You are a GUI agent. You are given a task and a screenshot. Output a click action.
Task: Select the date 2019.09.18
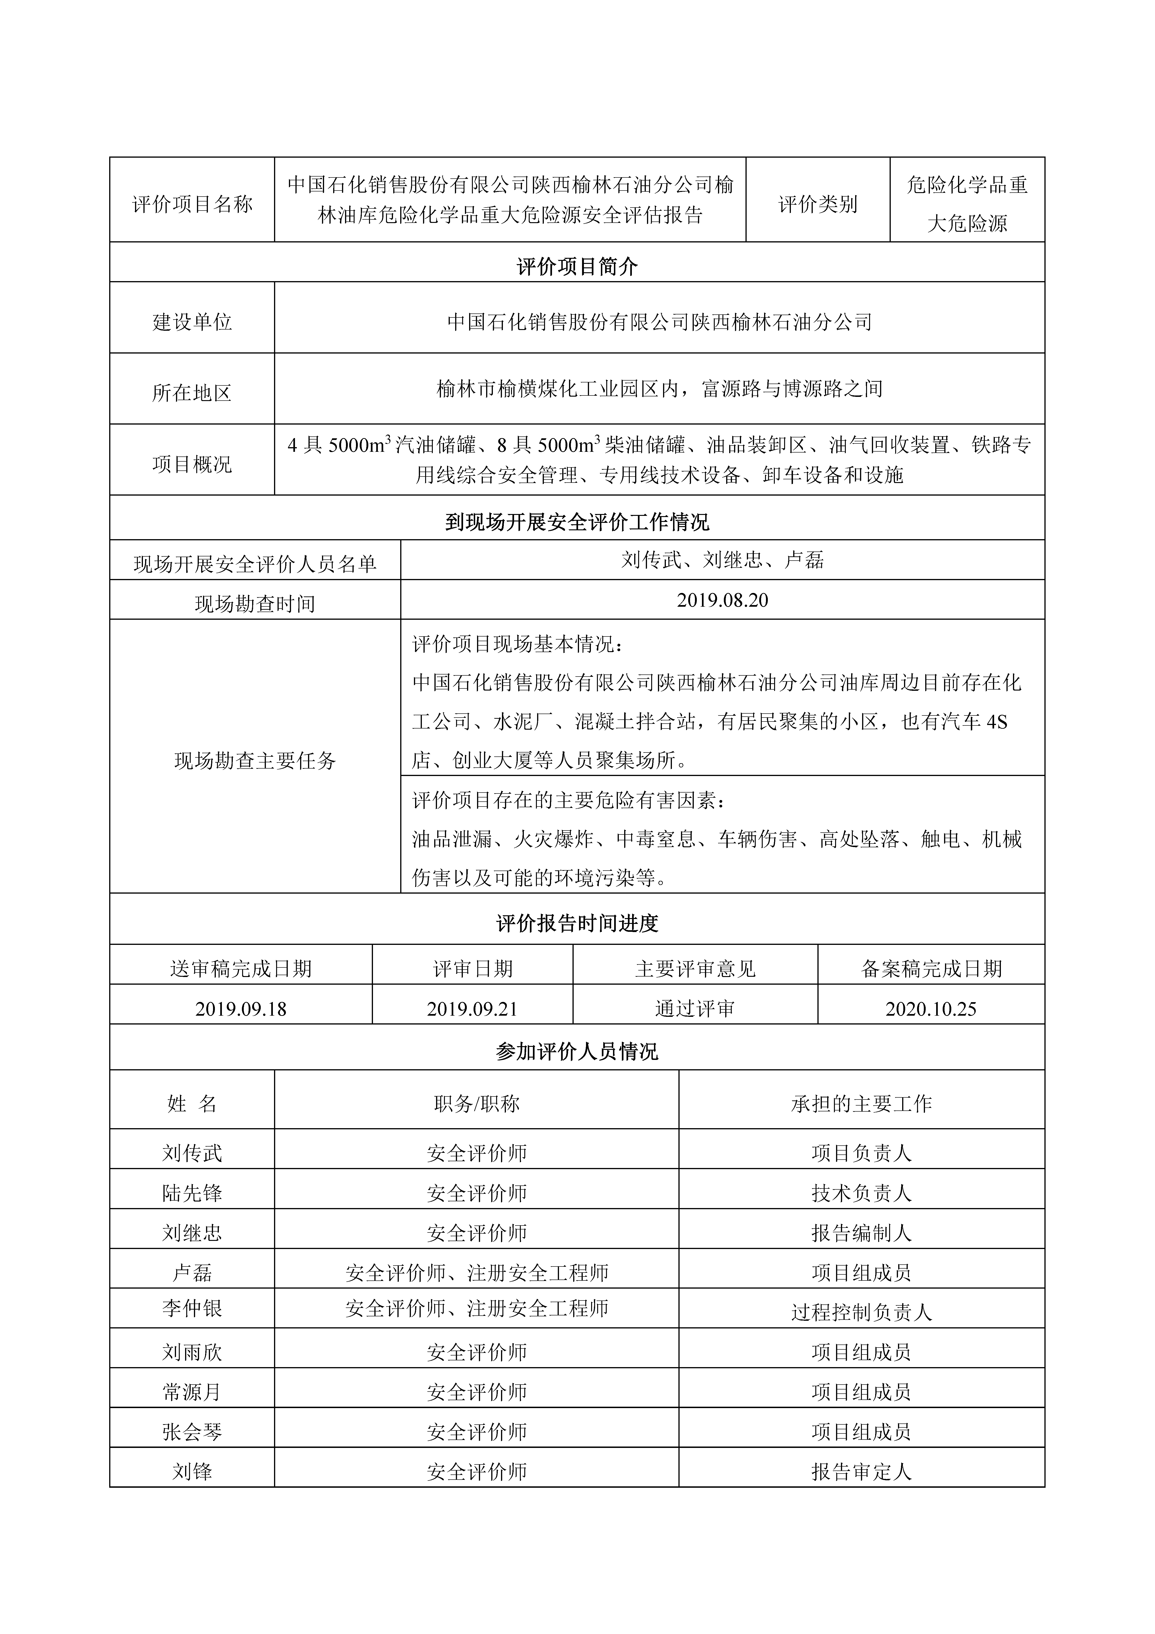(240, 1008)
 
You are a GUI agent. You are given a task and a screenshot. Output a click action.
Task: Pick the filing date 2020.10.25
(931, 1008)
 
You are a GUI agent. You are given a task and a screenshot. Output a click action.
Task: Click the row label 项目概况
(192, 464)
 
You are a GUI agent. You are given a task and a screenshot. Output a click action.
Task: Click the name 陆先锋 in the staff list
(192, 1193)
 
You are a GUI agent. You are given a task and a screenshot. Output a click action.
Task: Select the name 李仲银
(192, 1308)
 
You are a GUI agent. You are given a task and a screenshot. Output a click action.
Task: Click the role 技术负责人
(861, 1193)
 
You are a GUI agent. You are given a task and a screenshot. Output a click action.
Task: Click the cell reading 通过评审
(694, 1008)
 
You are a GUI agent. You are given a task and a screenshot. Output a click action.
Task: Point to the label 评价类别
(818, 204)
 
